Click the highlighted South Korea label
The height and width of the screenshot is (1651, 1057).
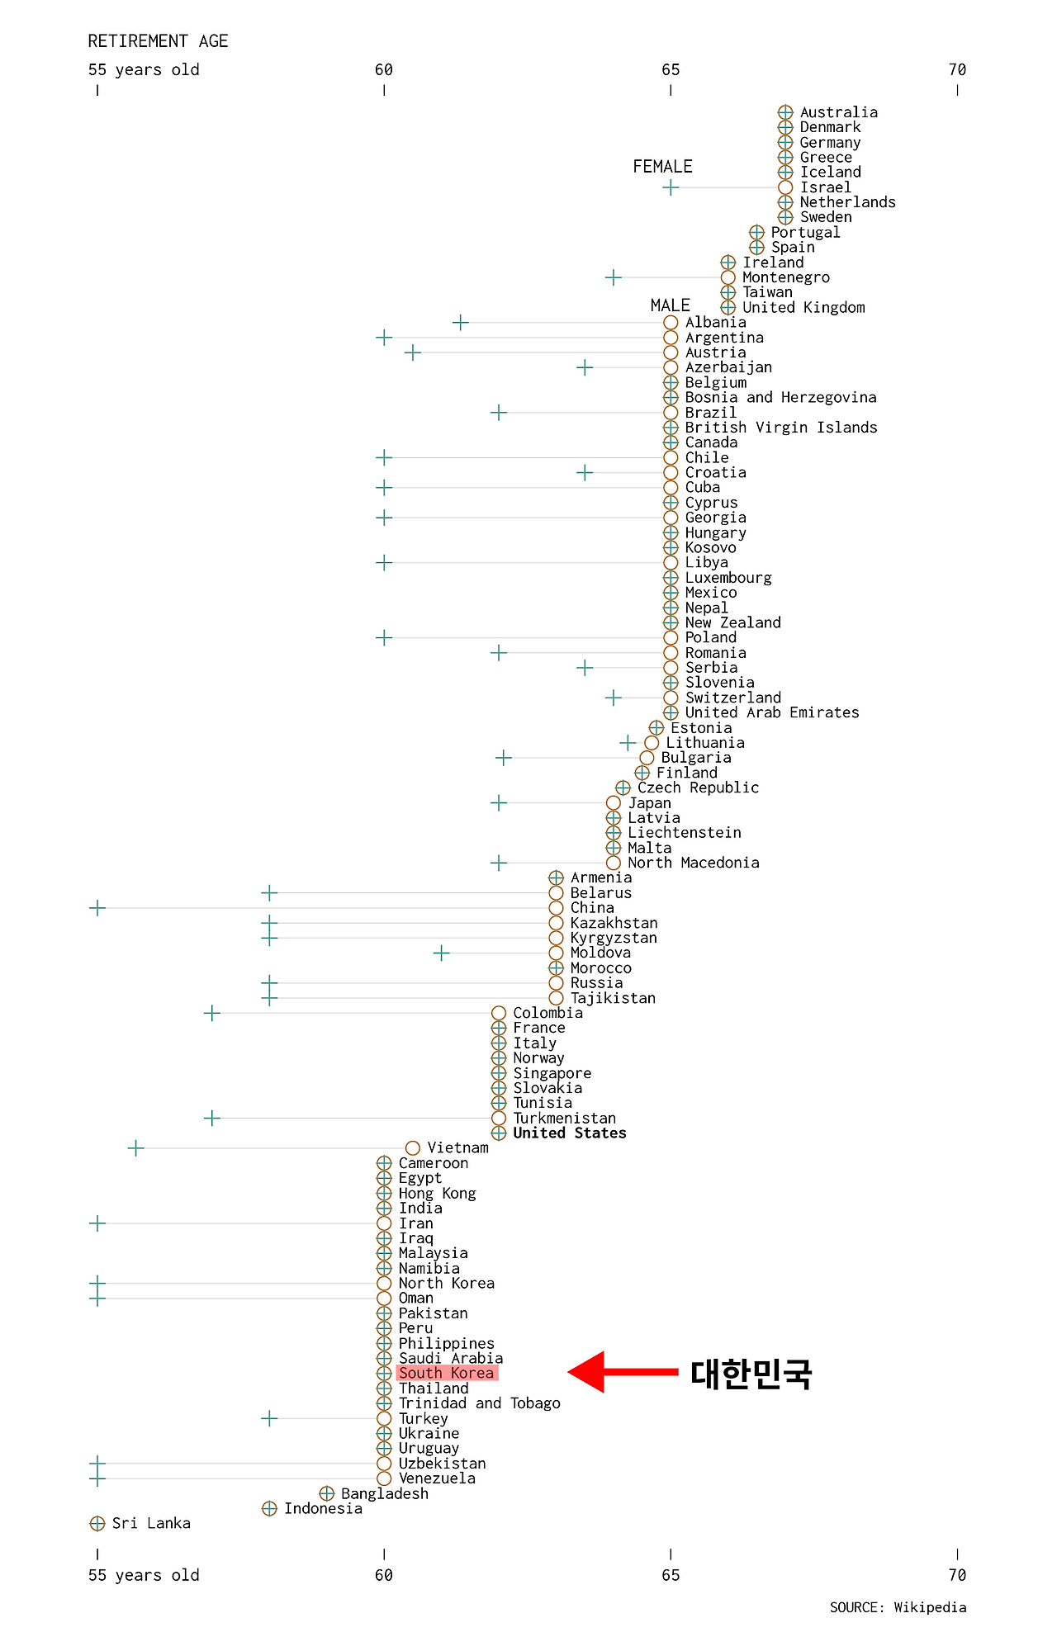click(447, 1373)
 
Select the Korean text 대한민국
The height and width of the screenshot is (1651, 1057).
click(751, 1374)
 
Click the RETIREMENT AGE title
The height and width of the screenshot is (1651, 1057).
click(158, 41)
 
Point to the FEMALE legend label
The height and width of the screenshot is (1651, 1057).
click(662, 167)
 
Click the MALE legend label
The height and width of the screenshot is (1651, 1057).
click(670, 305)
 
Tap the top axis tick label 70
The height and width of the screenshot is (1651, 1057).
click(957, 70)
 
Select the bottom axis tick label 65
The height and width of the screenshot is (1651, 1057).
click(671, 1575)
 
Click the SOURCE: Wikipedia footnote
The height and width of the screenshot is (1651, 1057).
click(898, 1607)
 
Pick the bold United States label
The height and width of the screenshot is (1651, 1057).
click(569, 1133)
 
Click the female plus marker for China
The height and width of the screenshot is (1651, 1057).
click(97, 908)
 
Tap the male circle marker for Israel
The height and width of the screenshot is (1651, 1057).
click(785, 187)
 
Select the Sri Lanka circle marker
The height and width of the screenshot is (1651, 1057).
click(97, 1523)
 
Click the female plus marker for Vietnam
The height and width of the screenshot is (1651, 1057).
click(135, 1148)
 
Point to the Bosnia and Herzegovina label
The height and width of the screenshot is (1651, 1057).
click(780, 398)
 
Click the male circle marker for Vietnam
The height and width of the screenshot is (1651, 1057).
click(413, 1148)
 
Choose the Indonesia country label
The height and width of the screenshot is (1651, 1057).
click(323, 1508)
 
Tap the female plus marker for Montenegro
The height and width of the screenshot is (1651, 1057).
click(613, 277)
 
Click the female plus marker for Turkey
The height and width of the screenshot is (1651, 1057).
click(269, 1418)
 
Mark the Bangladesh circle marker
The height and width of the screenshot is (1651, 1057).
click(327, 1493)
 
